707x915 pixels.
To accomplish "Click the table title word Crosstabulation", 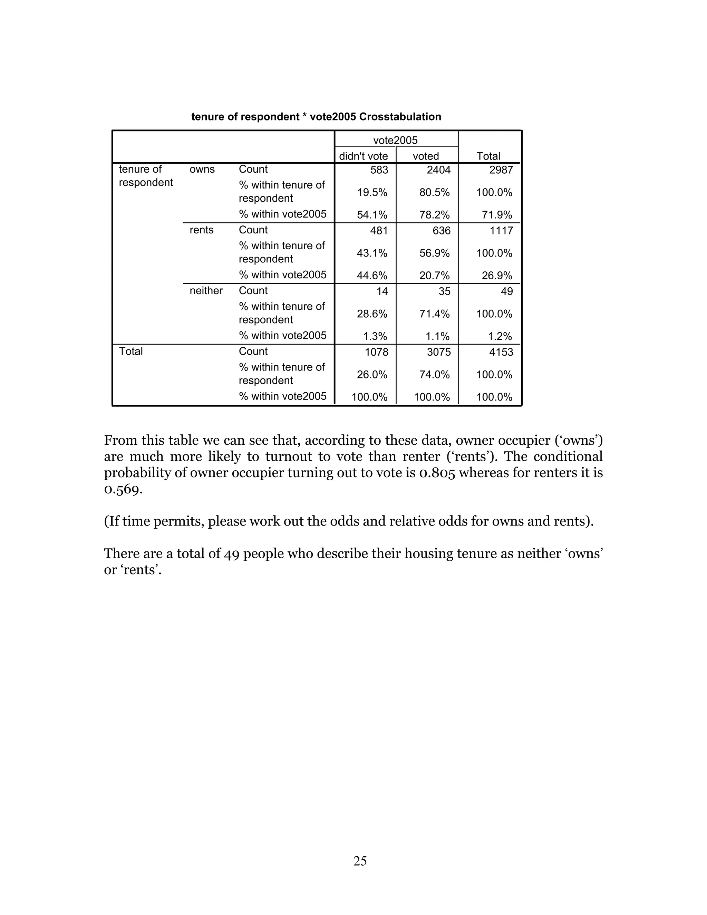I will click(400, 117).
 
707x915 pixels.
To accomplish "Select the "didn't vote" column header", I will click(363, 156).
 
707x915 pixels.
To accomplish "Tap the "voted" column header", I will click(426, 156).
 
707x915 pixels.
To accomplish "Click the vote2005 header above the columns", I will click(395, 140).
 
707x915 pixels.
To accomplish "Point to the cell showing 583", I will click(379, 170).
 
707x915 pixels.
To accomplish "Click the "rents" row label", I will click(202, 230).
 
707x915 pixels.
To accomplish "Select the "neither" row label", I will click(206, 291).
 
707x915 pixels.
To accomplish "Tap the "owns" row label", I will click(202, 169).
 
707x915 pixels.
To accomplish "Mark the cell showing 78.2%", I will click(434, 215).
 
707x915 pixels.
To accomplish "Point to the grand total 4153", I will click(501, 352).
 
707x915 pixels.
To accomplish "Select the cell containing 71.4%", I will click(434, 314).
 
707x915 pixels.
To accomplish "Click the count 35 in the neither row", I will click(444, 291).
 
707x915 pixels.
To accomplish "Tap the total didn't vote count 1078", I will click(377, 352).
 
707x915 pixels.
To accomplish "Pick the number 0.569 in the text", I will click(123, 489).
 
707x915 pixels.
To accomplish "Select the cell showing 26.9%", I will click(497, 276).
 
